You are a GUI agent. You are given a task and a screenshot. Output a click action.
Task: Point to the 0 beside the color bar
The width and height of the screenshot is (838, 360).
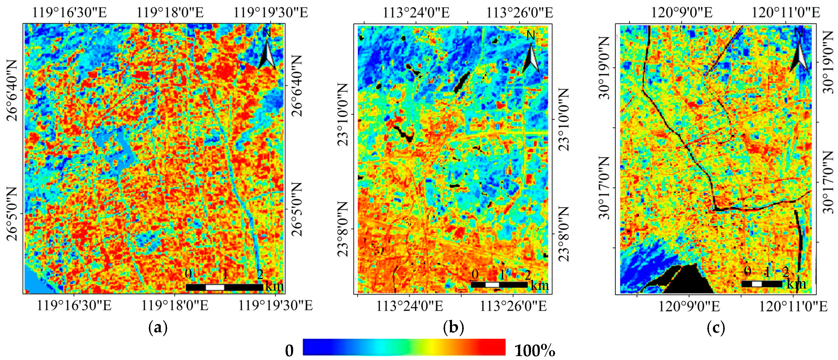tap(289, 351)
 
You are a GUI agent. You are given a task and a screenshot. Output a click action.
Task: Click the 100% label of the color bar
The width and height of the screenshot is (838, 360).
tap(535, 351)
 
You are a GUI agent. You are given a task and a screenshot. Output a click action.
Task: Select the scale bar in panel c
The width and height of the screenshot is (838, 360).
tap(762, 284)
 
